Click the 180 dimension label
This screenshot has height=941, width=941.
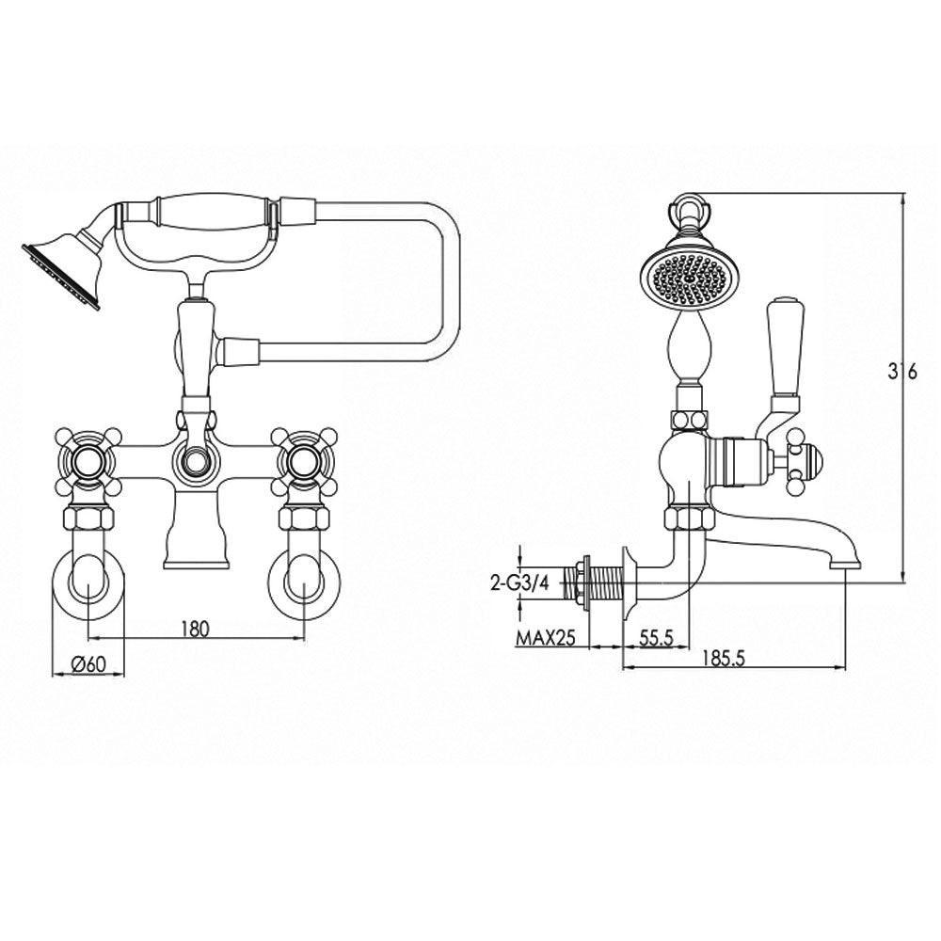(194, 629)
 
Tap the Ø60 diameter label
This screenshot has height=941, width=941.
(88, 663)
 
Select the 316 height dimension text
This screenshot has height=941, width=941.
(902, 372)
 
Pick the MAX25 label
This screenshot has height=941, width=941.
(546, 638)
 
